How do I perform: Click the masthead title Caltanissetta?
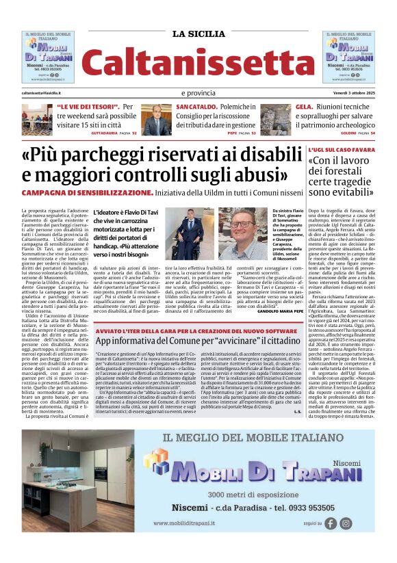point(198,62)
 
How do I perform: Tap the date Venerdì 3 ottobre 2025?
point(348,92)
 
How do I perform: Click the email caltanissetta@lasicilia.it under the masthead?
point(41,92)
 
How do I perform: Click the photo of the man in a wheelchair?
point(188,233)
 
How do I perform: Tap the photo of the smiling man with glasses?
point(243,233)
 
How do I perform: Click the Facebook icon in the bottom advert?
point(331,523)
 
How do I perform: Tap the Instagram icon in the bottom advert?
point(346,523)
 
